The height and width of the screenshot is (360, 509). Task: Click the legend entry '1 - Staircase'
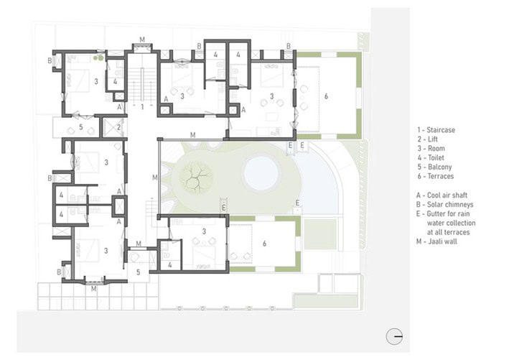tap(436, 129)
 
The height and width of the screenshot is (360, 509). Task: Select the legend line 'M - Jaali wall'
tap(436, 241)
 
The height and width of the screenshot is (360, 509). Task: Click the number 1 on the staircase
tap(142, 106)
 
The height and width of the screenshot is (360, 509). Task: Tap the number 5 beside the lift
tap(81, 127)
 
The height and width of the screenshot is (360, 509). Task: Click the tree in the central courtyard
tap(195, 174)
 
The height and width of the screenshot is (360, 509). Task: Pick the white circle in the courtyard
tap(261, 172)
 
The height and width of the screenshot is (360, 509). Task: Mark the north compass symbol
tap(393, 335)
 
